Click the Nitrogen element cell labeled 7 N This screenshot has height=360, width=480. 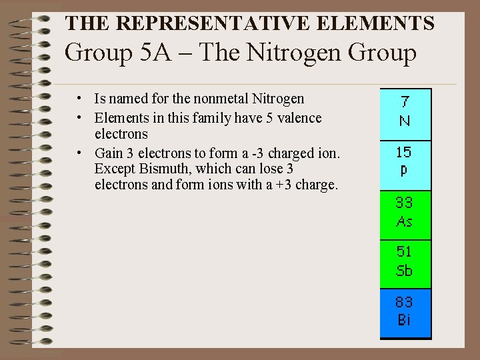tap(405, 113)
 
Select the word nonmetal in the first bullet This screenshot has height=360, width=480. tap(221, 99)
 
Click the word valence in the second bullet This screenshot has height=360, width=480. tap(299, 118)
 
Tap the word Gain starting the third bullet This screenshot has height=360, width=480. tap(108, 153)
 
